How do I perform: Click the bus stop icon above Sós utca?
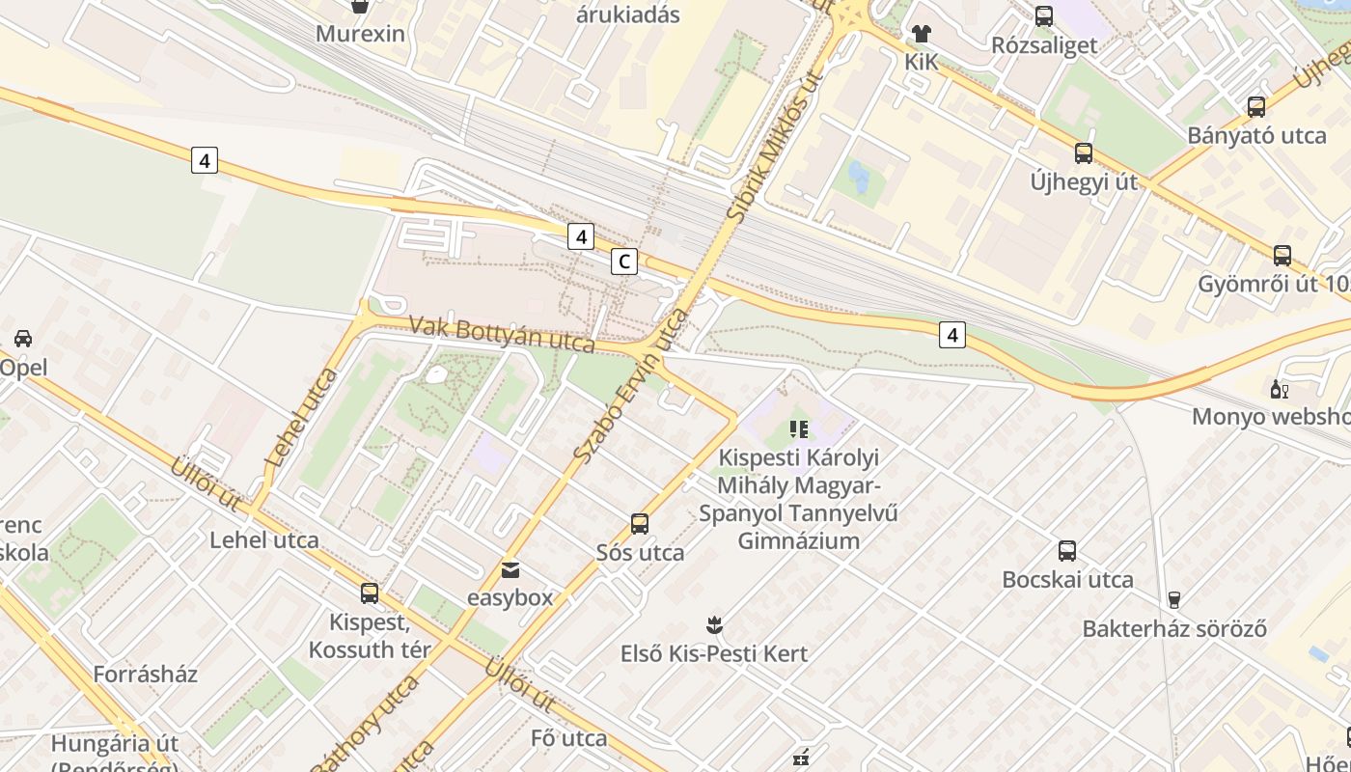coord(639,524)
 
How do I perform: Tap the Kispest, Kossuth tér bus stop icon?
coord(370,593)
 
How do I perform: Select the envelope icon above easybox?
coord(510,570)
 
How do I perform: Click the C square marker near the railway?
coord(624,261)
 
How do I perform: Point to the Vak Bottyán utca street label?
coord(502,333)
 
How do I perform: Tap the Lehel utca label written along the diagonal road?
coord(300,417)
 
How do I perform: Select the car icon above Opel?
coord(23,339)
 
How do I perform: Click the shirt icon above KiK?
coord(921,34)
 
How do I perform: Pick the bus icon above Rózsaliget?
coord(1043,16)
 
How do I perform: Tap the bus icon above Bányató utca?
coord(1255,107)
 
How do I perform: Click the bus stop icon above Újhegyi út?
coord(1084,153)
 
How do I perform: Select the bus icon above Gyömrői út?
coord(1282,256)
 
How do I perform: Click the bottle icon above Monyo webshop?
coord(1280,390)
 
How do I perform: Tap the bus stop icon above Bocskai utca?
coord(1066,551)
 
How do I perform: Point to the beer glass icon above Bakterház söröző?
coord(1173,600)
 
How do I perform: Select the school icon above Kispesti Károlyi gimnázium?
coord(798,428)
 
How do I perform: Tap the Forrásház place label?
coord(145,674)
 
